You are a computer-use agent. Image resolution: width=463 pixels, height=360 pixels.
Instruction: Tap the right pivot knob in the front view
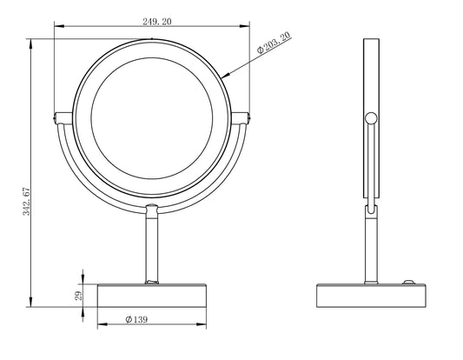point(246,116)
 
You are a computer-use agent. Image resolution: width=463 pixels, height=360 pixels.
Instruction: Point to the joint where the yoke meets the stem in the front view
point(152,209)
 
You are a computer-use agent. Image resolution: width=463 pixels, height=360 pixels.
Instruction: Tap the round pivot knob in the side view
point(371,118)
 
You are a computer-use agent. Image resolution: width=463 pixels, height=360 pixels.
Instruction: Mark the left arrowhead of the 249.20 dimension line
point(57,27)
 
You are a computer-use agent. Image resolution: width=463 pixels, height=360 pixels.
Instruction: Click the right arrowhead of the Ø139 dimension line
point(208,328)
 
